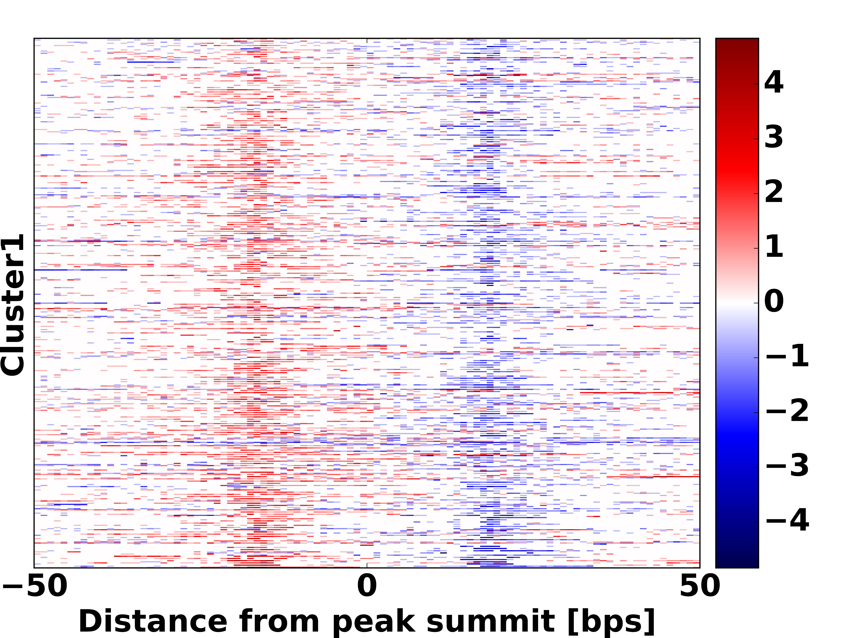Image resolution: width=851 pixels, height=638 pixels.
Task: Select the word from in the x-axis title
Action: click(x=279, y=621)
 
